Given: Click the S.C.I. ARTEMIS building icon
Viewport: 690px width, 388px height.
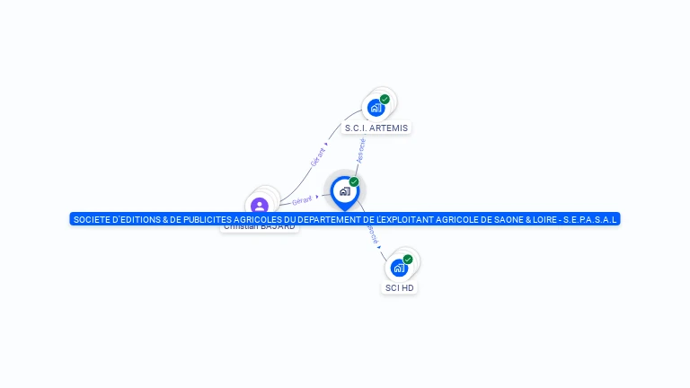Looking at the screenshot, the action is click(x=376, y=108).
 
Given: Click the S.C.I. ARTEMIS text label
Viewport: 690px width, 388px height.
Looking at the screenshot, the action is click(x=376, y=128).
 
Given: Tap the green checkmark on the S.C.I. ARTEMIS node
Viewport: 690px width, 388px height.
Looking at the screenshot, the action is click(x=385, y=100).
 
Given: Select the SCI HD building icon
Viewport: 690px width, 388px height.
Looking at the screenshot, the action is click(x=399, y=268).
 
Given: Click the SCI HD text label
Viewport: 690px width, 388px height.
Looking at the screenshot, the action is click(x=400, y=287).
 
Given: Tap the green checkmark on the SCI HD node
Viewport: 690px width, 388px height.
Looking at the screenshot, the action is click(x=408, y=260).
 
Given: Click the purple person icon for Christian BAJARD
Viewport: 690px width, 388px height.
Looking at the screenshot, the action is click(x=260, y=206).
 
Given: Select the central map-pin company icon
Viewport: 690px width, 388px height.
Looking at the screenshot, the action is click(x=344, y=191).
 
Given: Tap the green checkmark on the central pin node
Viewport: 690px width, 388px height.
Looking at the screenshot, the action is click(x=354, y=182).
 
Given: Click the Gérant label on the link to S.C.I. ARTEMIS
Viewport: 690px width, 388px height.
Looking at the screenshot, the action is click(x=318, y=156).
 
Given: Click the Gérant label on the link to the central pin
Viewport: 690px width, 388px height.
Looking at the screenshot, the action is click(x=302, y=199).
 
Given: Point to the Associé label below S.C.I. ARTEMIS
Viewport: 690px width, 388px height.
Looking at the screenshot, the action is click(x=360, y=149).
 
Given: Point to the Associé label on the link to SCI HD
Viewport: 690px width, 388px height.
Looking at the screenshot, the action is click(x=372, y=235).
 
